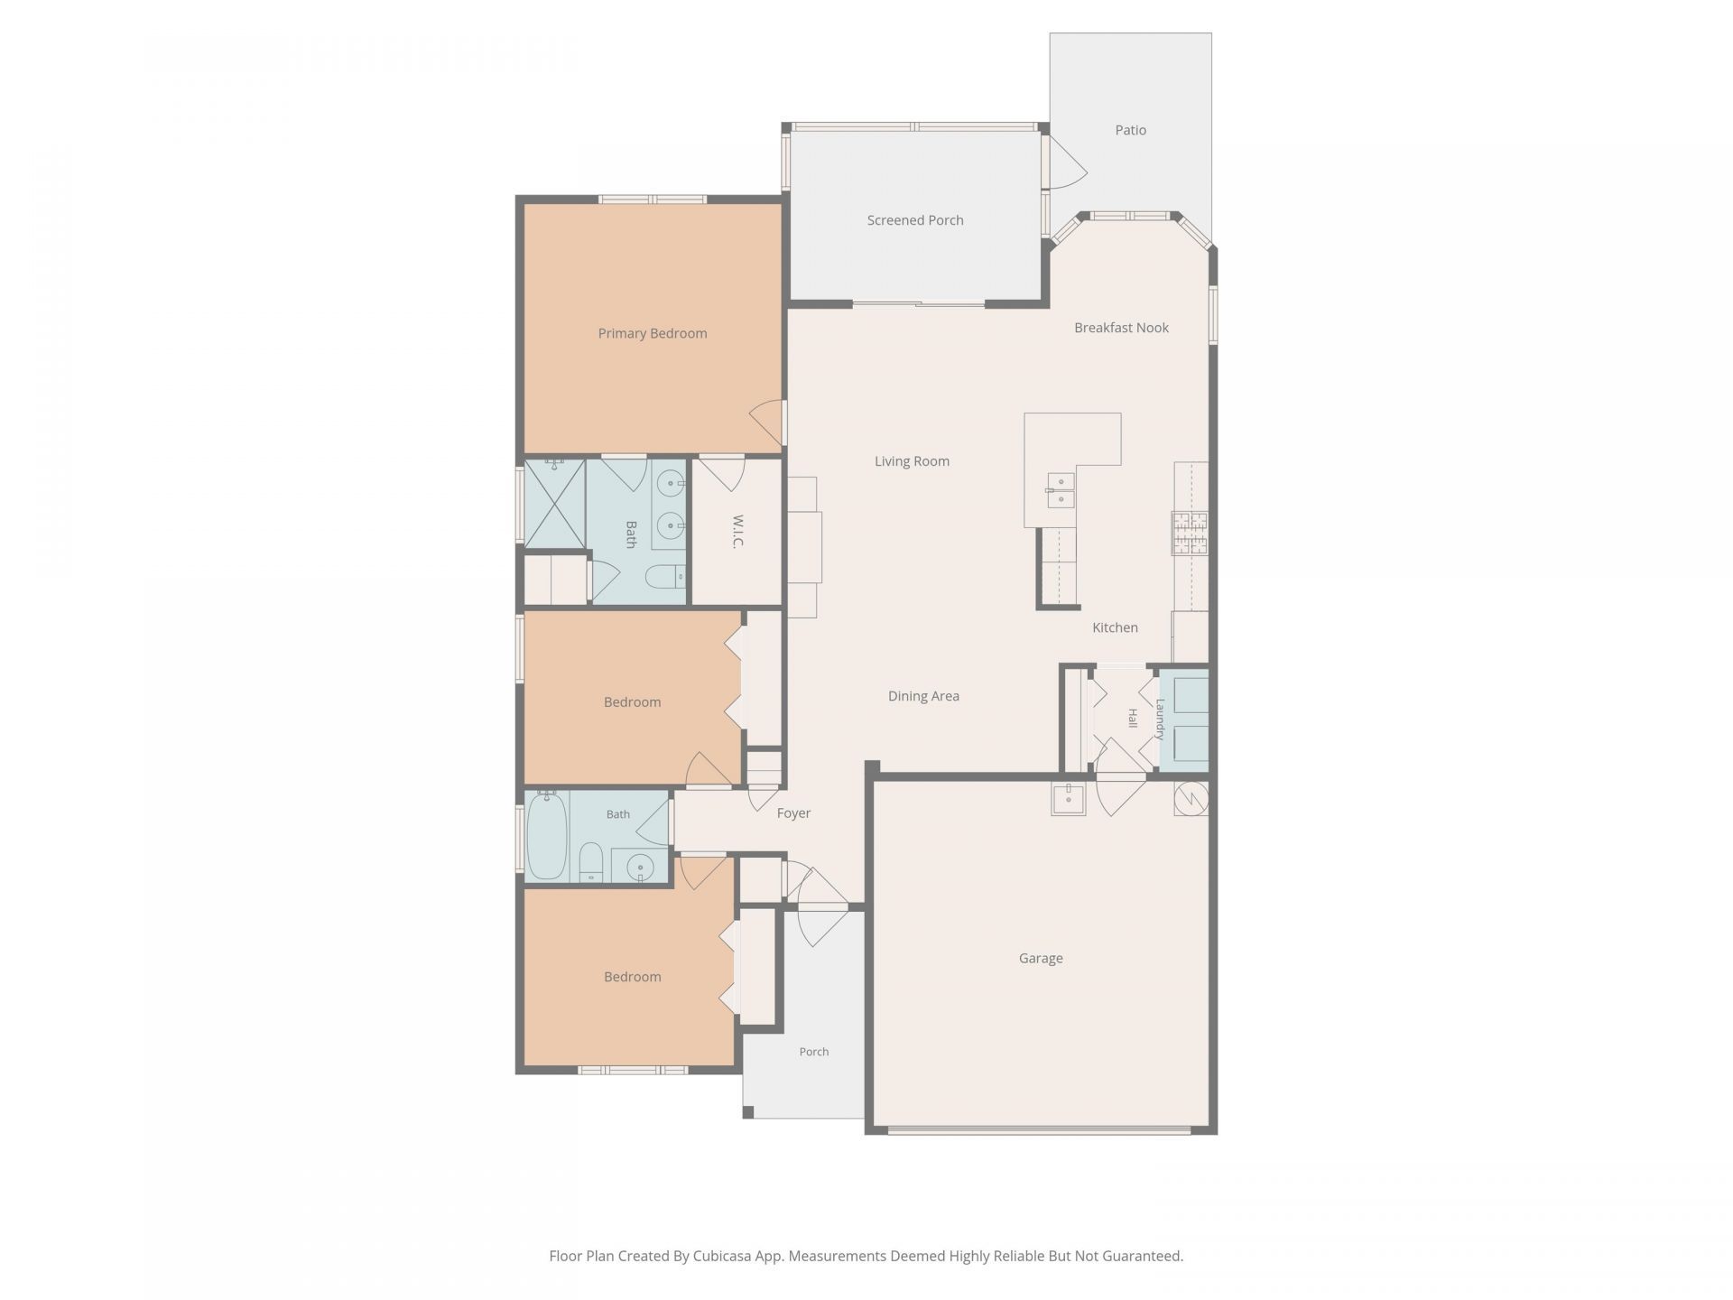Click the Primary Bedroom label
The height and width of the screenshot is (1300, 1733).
point(652,333)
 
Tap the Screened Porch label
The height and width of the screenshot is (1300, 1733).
point(915,220)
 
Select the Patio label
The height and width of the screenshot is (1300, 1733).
point(1130,130)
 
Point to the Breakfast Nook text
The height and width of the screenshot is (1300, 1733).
point(1121,328)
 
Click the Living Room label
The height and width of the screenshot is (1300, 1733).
point(912,461)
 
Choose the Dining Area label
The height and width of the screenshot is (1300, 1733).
point(923,696)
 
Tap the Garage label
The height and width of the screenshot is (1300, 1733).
point(1041,959)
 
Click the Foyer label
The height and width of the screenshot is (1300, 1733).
point(793,813)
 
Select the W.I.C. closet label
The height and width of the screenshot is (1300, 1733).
point(737,532)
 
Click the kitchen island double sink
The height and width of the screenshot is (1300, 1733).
point(1061,490)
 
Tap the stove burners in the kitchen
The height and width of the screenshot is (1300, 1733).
point(1190,533)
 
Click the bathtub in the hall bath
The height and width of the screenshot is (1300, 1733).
point(546,835)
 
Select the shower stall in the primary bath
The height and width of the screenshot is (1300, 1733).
point(554,504)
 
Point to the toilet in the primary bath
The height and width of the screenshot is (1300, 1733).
point(667,576)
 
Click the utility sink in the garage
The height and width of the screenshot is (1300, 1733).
point(1069,798)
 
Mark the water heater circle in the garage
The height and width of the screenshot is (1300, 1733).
point(1191,798)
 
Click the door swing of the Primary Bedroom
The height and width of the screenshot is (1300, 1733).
point(766,422)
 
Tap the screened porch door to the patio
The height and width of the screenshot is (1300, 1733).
point(1065,162)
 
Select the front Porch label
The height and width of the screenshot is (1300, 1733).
point(813,1052)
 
